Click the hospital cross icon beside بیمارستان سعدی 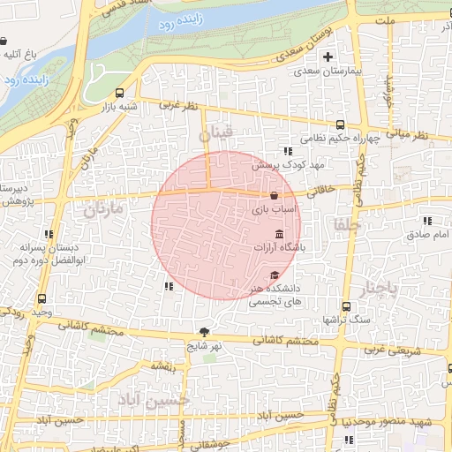click(328, 56)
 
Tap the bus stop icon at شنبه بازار click(120, 93)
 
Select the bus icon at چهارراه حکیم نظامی click(341, 124)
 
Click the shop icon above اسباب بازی click(275, 195)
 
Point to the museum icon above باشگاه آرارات click(280, 234)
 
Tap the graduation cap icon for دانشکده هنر click(275, 275)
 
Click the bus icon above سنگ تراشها click(346, 306)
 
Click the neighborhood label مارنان click(102, 211)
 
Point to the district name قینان click(216, 134)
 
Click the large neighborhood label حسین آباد click(156, 399)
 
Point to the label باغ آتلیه click(18, 55)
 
